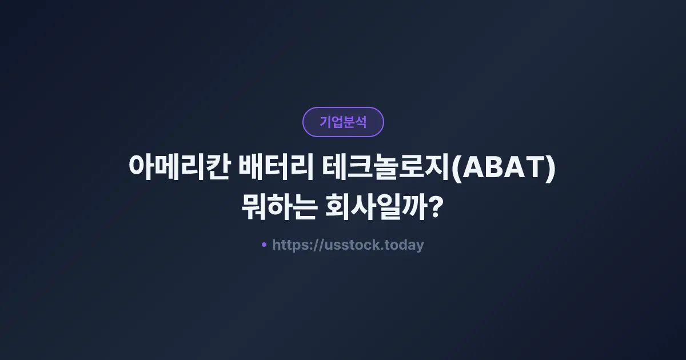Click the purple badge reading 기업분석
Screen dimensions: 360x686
click(x=343, y=122)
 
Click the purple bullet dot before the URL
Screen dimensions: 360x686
click(x=264, y=245)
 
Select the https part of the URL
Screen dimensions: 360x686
click(x=290, y=245)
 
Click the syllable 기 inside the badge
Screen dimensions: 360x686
click(x=325, y=122)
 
